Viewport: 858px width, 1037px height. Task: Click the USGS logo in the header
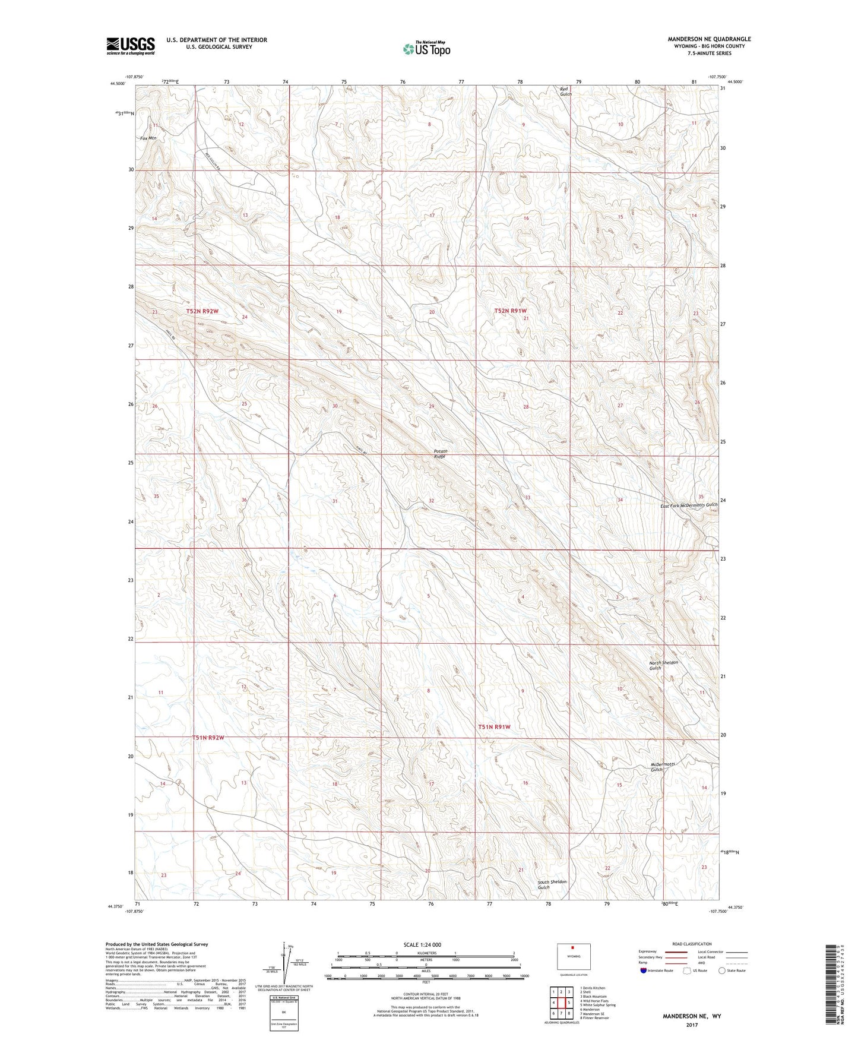click(x=130, y=46)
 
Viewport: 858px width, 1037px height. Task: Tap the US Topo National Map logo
click(x=426, y=49)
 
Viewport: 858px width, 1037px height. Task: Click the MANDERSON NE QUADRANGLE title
click(x=708, y=39)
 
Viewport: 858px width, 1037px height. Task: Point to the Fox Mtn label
click(x=148, y=138)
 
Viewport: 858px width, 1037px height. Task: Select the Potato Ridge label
click(x=439, y=454)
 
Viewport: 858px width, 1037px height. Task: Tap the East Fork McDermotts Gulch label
click(x=689, y=505)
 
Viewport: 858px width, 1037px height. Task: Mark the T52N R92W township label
click(x=202, y=311)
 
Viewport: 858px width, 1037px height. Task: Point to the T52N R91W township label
click(x=510, y=311)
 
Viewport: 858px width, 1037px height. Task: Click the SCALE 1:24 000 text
click(x=422, y=944)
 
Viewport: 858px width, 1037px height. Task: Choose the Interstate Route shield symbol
click(x=644, y=970)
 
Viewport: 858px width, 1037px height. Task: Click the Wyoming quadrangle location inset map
click(x=573, y=957)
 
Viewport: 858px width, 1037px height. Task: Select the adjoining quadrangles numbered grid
click(x=561, y=1000)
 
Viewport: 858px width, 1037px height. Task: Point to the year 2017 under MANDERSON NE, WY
click(x=691, y=1025)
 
